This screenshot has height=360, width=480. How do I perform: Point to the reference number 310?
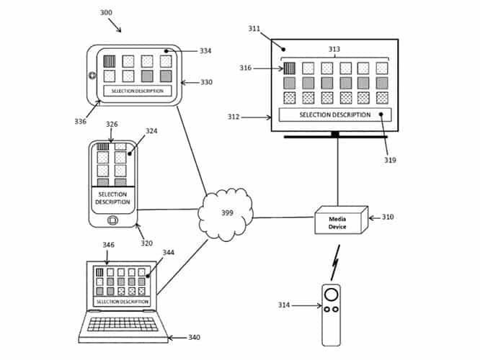[387, 217]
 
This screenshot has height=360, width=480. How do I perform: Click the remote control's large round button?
[331, 294]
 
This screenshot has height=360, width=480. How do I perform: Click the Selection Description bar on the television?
[335, 114]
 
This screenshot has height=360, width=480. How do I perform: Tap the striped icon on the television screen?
[289, 68]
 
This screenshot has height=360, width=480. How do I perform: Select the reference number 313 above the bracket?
[334, 50]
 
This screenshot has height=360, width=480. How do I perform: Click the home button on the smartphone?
[112, 220]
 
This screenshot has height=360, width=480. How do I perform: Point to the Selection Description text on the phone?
[112, 198]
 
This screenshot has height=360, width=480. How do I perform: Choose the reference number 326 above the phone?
[112, 125]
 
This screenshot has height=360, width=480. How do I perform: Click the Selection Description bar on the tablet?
[138, 91]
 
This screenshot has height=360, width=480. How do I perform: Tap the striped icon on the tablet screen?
[110, 61]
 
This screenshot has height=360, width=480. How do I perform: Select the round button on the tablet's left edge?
[92, 76]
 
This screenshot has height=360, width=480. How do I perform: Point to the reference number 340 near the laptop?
[194, 337]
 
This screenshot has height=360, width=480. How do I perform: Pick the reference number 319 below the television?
[390, 160]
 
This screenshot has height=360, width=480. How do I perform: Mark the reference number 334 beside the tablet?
[205, 51]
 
